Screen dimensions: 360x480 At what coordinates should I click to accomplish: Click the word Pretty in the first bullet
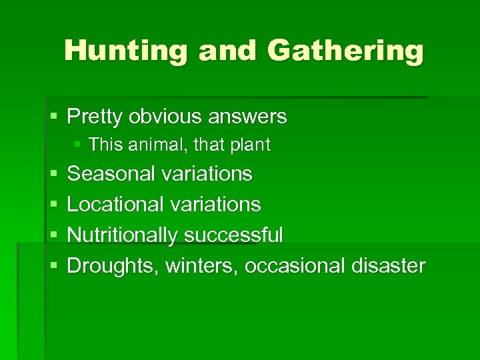95,117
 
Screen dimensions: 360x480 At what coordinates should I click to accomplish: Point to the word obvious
166,117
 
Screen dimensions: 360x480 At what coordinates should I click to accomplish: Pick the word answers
248,117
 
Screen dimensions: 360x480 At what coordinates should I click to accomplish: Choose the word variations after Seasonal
207,174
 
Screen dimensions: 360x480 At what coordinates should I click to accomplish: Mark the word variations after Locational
215,204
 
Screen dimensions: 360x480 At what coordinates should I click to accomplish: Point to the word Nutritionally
123,235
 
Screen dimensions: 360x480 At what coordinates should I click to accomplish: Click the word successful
233,235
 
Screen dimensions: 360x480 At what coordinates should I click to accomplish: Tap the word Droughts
113,266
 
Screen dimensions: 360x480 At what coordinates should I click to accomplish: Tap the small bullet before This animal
79,145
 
